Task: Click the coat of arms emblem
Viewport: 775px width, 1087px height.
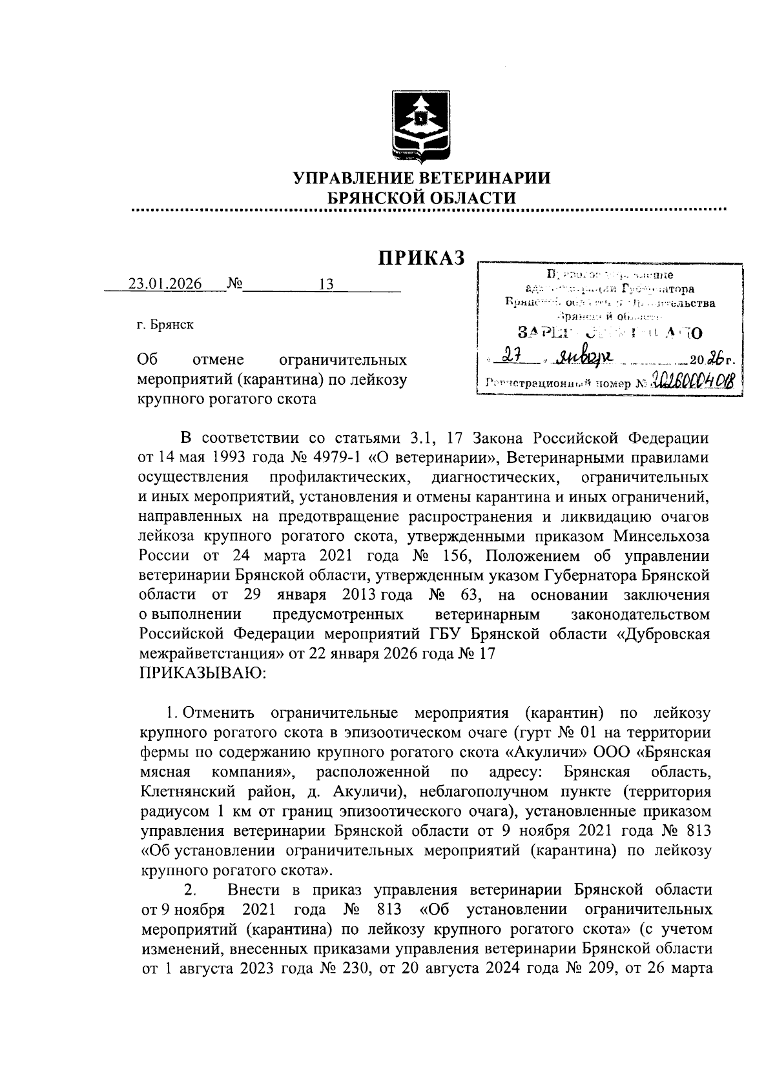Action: coord(422,127)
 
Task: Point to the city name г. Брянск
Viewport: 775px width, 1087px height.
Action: coord(165,325)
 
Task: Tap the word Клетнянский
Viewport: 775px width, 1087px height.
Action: coord(194,791)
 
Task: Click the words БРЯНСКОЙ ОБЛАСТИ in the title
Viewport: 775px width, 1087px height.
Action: coord(422,198)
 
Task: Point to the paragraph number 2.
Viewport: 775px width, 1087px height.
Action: coord(190,890)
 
